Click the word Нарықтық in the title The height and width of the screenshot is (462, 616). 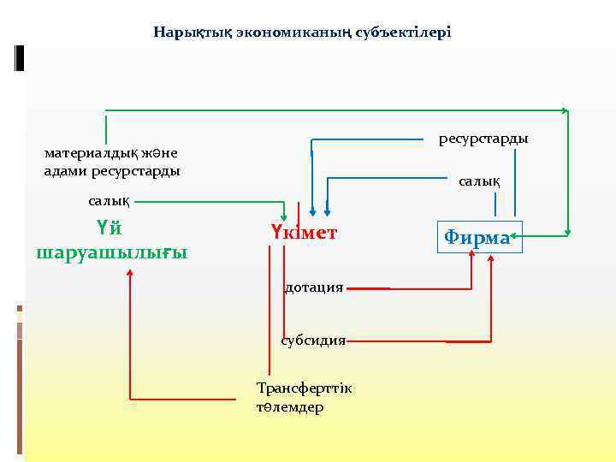(184, 33)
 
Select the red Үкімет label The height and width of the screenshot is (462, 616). (304, 233)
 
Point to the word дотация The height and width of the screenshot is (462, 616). (313, 287)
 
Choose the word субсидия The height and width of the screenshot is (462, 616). (313, 340)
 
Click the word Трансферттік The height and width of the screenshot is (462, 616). (304, 388)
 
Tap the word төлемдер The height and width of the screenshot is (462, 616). (290, 407)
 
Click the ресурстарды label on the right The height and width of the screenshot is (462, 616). (483, 138)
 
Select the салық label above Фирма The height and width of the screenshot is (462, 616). (480, 181)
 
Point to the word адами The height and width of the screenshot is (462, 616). (62, 170)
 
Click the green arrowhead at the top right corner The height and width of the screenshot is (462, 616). (564, 110)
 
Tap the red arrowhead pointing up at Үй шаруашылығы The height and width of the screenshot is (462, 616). (130, 273)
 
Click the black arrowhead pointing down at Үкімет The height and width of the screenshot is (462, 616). (313, 212)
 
